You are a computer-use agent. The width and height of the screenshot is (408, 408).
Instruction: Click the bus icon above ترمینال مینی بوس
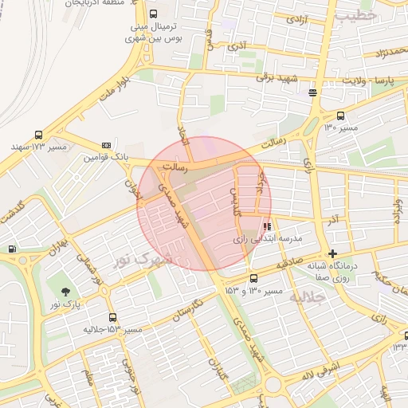[x=153, y=14]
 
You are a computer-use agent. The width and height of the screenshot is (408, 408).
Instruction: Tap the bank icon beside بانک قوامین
[x=107, y=145]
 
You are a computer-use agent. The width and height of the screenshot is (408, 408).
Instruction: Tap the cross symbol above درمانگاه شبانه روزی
[x=332, y=253]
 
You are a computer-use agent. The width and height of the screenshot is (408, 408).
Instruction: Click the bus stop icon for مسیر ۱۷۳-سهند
[x=38, y=135]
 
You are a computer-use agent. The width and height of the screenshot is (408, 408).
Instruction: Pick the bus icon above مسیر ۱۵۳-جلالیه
[x=112, y=317]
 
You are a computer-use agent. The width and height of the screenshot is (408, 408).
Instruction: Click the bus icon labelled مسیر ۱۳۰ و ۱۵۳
[x=253, y=278]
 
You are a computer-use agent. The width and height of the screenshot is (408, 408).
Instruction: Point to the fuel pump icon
[x=12, y=249]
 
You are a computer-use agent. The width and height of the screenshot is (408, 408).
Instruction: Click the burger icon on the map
[x=313, y=92]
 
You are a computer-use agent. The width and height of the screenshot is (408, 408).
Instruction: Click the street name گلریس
[x=234, y=201]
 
